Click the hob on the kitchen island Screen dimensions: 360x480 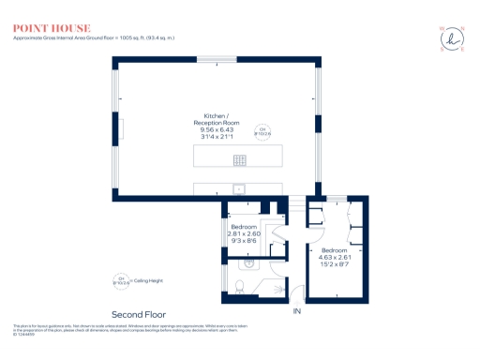[x=239, y=158]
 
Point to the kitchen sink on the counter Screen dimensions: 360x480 [x=239, y=188]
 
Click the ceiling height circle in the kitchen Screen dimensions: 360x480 [x=263, y=130]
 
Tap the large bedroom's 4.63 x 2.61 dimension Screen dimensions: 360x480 [x=335, y=258]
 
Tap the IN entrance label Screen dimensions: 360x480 [x=297, y=310]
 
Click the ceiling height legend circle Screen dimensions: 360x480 [x=120, y=278]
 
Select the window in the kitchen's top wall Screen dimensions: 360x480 [x=216, y=59]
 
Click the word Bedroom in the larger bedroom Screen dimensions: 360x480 [x=335, y=251]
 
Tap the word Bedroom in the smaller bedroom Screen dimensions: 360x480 [x=247, y=228]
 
